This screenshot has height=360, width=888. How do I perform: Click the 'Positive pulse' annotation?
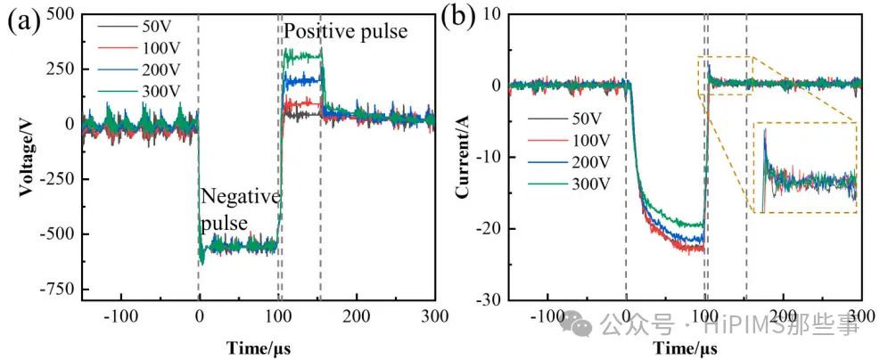345,32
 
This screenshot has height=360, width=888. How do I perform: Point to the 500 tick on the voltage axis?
60,15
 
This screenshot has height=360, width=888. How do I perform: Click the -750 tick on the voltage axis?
56,290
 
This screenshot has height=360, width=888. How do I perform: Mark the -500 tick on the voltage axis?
56,234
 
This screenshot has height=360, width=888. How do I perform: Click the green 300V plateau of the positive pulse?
301,55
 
